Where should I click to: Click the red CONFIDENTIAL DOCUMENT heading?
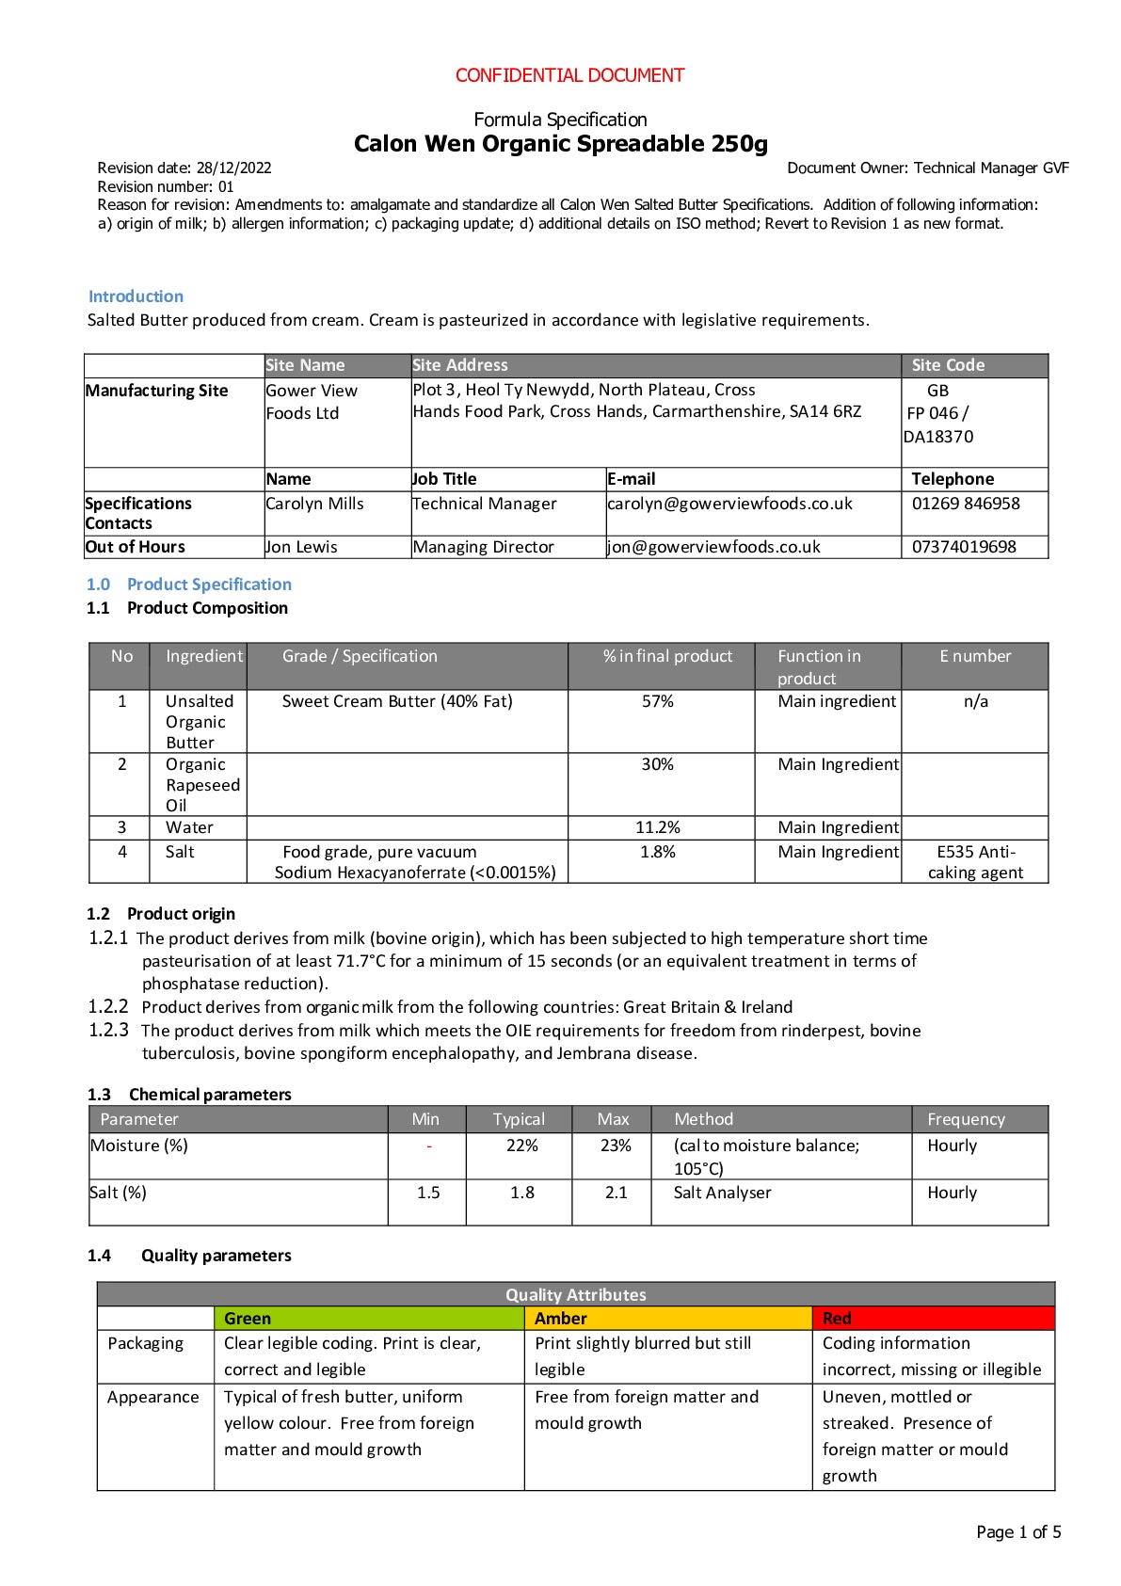click(569, 75)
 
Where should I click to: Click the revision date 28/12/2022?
click(233, 168)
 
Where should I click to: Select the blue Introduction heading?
click(136, 296)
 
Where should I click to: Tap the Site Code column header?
click(948, 365)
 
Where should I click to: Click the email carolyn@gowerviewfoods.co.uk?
click(729, 504)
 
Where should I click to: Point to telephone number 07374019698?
click(964, 547)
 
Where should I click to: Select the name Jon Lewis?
click(301, 547)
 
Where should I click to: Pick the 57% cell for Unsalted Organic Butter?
click(658, 701)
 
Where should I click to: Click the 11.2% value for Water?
click(658, 827)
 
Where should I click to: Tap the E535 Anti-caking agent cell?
click(976, 862)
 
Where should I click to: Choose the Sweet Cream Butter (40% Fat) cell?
click(397, 701)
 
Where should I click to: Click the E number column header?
click(975, 656)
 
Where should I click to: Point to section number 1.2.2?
click(108, 1006)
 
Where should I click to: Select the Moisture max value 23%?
click(616, 1145)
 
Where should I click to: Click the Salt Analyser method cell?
click(722, 1193)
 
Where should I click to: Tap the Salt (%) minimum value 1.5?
click(428, 1193)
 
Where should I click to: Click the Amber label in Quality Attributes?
click(561, 1319)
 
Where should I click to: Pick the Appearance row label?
click(153, 1397)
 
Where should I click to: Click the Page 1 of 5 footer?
click(1018, 1532)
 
